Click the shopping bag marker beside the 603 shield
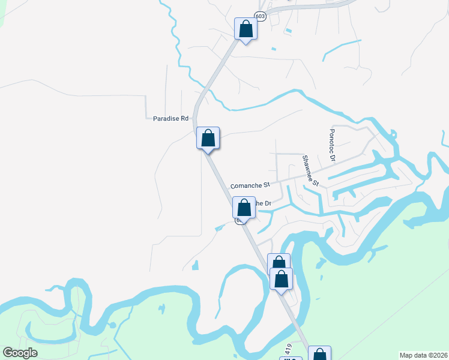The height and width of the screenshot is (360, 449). coord(246,28)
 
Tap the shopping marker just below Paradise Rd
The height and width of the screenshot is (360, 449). coord(208,138)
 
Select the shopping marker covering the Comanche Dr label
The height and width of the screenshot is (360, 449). coord(244,208)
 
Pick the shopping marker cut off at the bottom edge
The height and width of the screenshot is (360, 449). coord(319,354)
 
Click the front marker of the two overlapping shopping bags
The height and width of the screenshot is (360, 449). coord(282,279)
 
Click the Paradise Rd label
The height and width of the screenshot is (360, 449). coord(171,119)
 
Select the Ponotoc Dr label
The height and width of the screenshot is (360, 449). coord(331,145)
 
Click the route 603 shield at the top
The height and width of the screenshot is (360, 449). coord(260,16)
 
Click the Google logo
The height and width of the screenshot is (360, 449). coord(20,353)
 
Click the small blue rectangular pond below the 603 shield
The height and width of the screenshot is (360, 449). coord(289,31)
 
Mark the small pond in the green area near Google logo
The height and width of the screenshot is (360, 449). coord(162,309)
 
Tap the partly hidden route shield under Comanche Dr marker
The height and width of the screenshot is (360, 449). coord(238,220)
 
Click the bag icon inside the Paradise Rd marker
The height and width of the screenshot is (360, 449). coord(208,137)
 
